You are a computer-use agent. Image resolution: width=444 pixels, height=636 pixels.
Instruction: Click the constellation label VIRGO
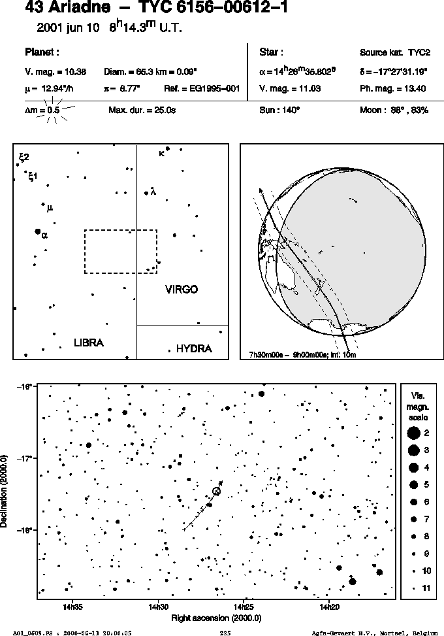(182, 289)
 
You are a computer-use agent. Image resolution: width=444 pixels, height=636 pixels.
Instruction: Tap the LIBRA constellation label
(89, 343)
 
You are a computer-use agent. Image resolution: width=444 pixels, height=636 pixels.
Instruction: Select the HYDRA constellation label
(194, 349)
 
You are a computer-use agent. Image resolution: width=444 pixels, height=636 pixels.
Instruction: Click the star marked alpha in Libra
(38, 231)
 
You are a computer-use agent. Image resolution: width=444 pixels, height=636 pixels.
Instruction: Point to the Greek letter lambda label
(153, 191)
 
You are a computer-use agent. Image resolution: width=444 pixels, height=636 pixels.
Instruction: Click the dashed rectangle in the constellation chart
(121, 230)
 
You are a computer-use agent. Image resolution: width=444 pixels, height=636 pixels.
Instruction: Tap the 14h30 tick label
(159, 607)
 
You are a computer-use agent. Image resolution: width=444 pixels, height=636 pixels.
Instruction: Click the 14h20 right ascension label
(329, 607)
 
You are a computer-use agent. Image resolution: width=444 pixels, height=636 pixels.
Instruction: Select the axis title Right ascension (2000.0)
(216, 618)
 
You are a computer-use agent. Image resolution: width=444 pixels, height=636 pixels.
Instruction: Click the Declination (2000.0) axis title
(5, 492)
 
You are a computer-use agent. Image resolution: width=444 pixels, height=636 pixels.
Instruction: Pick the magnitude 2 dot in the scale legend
(413, 433)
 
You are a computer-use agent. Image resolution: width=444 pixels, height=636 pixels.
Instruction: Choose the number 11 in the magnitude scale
(426, 588)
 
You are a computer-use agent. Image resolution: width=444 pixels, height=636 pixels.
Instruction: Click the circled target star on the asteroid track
(216, 492)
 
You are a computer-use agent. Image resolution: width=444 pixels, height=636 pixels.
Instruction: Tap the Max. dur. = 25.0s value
(142, 110)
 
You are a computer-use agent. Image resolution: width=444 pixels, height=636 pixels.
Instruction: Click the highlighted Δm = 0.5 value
(42, 110)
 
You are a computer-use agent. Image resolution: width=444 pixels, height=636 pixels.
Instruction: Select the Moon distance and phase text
(394, 110)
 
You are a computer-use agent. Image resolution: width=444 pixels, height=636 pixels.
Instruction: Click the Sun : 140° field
(279, 110)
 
